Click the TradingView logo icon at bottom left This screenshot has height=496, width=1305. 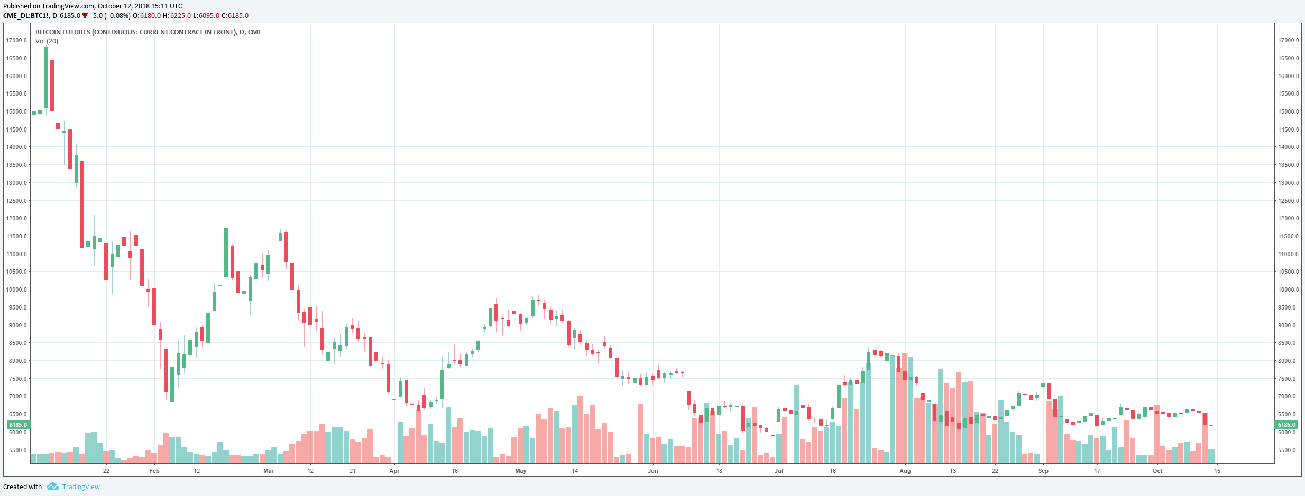52,486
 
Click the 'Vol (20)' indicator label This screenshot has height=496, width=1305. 47,41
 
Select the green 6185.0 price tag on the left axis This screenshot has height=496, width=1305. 18,425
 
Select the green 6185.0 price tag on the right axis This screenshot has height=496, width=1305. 1286,425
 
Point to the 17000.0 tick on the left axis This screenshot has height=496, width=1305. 16,40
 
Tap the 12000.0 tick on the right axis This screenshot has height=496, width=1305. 1288,218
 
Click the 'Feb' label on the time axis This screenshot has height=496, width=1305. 154,471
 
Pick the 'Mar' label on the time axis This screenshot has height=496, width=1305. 269,471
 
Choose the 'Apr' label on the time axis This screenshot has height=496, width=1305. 394,471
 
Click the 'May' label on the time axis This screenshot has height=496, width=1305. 521,471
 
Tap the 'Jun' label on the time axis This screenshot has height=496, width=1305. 653,471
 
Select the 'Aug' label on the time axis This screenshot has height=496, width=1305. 905,471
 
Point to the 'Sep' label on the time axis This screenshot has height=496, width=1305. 1043,471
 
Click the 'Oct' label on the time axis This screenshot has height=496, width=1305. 1157,471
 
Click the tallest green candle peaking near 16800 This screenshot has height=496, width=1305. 46,78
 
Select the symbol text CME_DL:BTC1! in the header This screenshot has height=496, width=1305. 26,16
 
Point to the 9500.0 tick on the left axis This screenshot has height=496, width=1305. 16,307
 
